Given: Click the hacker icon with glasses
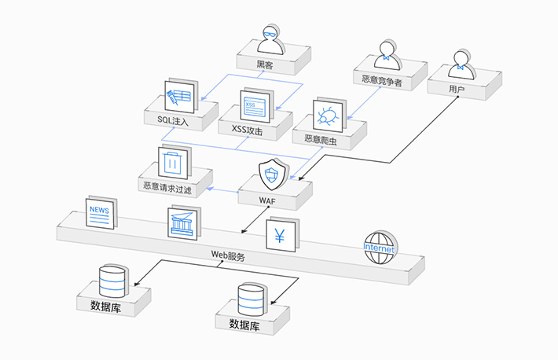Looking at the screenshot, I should click(x=270, y=39).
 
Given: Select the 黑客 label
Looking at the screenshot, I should click(x=265, y=64).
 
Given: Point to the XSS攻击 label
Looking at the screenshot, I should click(x=247, y=129).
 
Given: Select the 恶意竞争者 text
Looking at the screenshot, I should click(x=382, y=79).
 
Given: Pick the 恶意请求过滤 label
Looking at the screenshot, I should click(x=167, y=187).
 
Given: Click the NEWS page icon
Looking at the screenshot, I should click(x=100, y=213).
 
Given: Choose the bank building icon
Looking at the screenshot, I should click(x=184, y=223).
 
